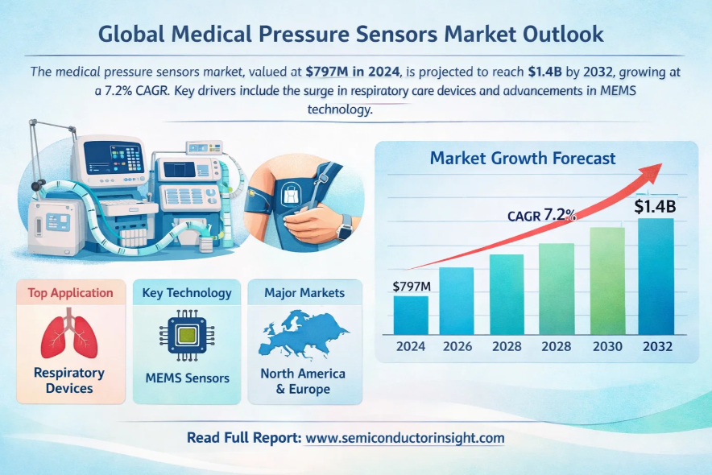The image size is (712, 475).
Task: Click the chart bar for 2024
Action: pos(411,315)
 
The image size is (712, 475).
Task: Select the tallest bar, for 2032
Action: pos(656,276)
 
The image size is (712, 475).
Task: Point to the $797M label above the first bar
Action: pos(411,286)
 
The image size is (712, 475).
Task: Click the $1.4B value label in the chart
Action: pos(654,206)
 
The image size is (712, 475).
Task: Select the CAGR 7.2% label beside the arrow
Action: pos(541,215)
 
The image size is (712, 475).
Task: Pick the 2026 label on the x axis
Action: pos(457,346)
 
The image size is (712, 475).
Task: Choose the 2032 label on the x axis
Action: pos(656,346)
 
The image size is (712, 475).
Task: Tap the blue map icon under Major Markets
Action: pos(304,337)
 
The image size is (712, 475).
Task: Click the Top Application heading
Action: pos(70,292)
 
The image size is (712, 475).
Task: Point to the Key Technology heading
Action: pos(187,292)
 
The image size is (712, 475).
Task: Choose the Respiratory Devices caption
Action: pos(69,381)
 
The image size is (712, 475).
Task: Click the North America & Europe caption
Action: pos(303,382)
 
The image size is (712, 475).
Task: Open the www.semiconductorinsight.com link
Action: pos(405,438)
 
